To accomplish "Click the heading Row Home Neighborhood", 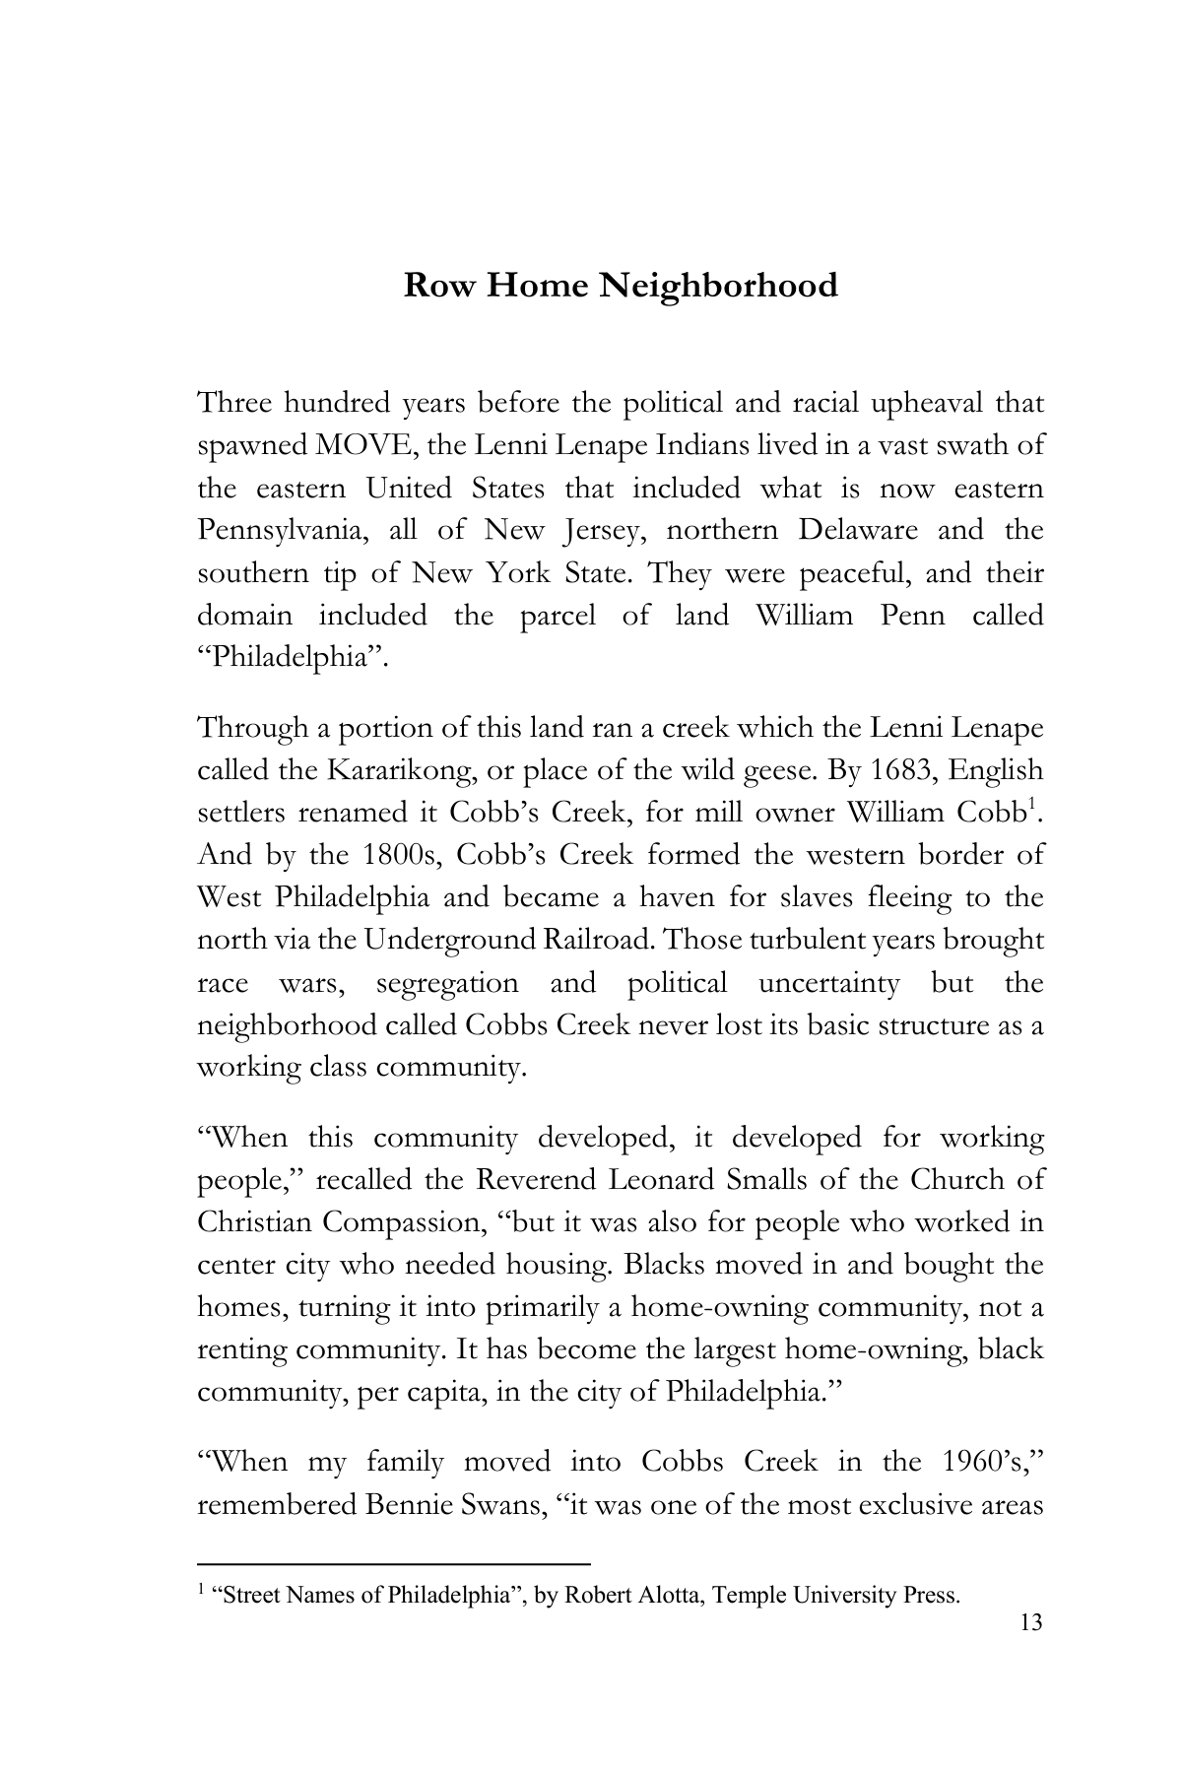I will tap(621, 286).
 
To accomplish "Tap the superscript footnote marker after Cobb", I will tap(1031, 807).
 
